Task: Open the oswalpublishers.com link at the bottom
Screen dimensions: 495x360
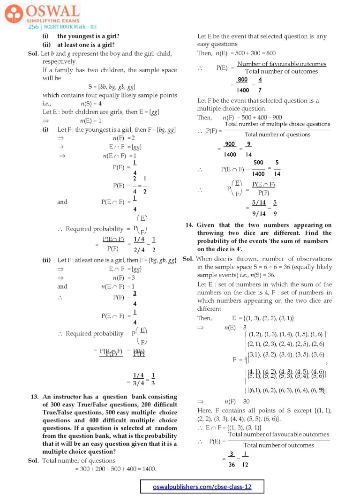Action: click(x=202, y=487)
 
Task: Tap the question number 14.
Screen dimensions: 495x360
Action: click(x=190, y=225)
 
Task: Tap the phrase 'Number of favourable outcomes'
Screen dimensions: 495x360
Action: click(x=282, y=64)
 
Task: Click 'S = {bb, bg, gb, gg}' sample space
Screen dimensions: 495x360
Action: click(x=112, y=87)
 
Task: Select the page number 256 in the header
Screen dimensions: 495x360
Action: click(x=33, y=27)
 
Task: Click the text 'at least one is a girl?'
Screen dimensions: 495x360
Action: click(x=86, y=45)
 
